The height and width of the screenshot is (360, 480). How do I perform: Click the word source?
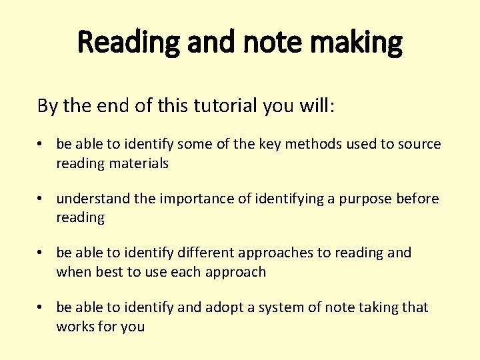point(419,145)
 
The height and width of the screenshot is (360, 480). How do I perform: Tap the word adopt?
point(223,307)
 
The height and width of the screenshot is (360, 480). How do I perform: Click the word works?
point(75,327)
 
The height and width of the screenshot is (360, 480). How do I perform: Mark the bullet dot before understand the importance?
point(41,199)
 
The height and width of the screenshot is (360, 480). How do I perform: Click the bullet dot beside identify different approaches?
point(41,253)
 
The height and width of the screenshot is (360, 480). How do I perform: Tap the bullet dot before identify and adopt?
point(41,307)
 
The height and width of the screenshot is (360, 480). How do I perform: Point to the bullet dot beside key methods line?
point(41,145)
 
